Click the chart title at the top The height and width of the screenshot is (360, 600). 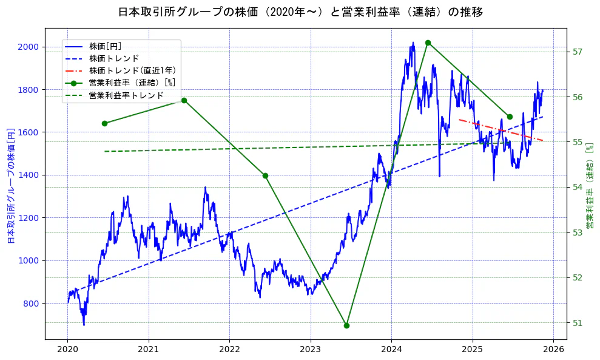pyautogui.click(x=300, y=12)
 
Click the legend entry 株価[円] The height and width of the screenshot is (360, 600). pyautogui.click(x=109, y=46)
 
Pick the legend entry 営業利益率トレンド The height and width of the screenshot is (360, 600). pyautogui.click(x=126, y=95)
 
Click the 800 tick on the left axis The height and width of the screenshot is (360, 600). pyautogui.click(x=31, y=304)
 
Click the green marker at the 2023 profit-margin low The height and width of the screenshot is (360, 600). pyautogui.click(x=346, y=325)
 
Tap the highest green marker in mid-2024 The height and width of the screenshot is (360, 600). pyautogui.click(x=428, y=42)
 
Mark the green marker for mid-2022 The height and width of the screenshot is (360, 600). pyautogui.click(x=265, y=175)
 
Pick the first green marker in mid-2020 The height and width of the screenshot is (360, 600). pyautogui.click(x=104, y=123)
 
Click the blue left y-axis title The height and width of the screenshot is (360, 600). pyautogui.click(x=10, y=186)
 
